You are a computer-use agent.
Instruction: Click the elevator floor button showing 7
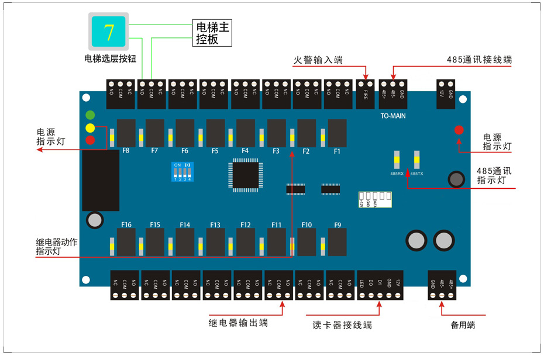[x=109, y=32]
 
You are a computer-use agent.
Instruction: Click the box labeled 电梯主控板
[x=212, y=34]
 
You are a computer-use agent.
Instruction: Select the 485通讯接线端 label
[x=478, y=60]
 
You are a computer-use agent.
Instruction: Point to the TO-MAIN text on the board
[x=393, y=116]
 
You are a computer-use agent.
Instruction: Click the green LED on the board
[x=90, y=115]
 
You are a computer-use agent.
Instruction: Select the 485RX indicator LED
[x=396, y=160]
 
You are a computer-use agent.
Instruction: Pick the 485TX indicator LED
[x=416, y=160]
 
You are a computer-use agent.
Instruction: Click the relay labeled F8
[x=126, y=133]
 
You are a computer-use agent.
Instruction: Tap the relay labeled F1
[x=337, y=133]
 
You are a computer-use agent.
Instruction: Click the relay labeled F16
[x=126, y=241]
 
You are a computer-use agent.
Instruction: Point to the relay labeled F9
[x=337, y=241]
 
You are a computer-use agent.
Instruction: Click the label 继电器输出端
[x=239, y=322]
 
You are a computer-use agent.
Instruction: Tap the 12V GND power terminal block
[x=446, y=94]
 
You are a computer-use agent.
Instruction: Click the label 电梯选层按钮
[x=110, y=58]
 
